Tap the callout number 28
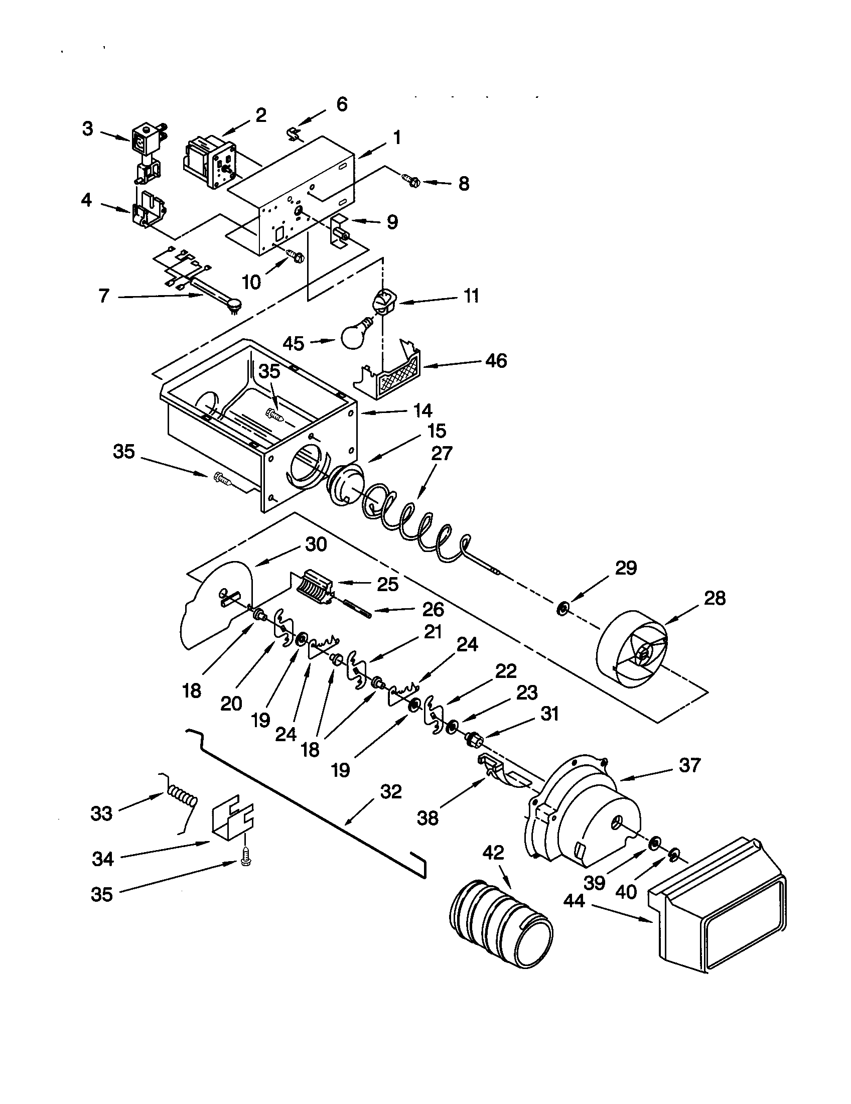pyautogui.click(x=714, y=598)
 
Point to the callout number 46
pyautogui.click(x=496, y=361)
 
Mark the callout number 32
pyautogui.click(x=391, y=791)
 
